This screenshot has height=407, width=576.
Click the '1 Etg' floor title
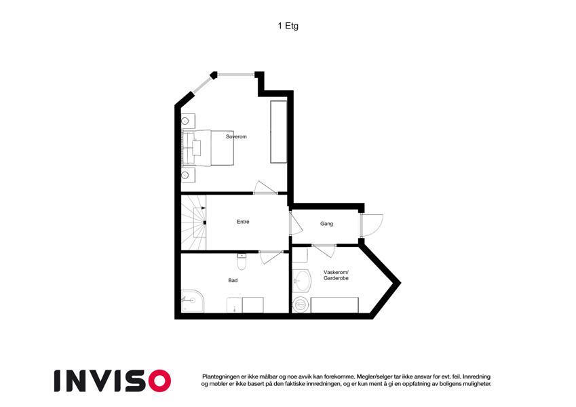coord(288,26)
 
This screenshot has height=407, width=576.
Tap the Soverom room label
coord(236,136)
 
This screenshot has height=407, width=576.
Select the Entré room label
coord(243,222)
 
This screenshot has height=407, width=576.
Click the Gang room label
coord(326,224)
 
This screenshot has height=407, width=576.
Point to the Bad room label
coord(233,280)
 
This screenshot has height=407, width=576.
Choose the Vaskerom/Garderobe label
coord(336,275)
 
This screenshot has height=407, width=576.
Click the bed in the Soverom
coord(208,148)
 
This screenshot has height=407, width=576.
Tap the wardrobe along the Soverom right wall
coord(278,132)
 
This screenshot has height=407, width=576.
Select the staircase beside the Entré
coord(193,222)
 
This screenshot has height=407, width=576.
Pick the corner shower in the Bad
coord(192,301)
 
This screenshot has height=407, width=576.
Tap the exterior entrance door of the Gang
coord(371,225)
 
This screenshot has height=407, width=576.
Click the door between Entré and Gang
coord(295,223)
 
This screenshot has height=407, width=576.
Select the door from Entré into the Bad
coord(271,257)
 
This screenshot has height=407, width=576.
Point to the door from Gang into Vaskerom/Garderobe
coord(324,250)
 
